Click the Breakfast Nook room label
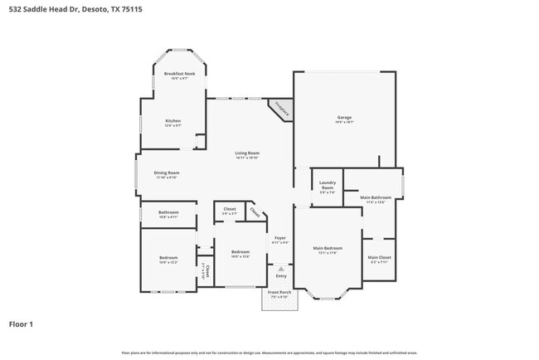(x=178, y=74)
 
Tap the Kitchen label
(x=172, y=121)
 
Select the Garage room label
(x=344, y=117)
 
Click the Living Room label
(x=247, y=153)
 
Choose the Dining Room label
(x=167, y=173)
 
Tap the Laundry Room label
(x=328, y=188)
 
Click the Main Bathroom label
(x=375, y=197)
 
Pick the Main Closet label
(x=379, y=257)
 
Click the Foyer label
(x=280, y=239)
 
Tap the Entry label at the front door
(x=280, y=276)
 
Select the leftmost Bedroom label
(x=168, y=258)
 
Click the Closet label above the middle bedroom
(x=230, y=209)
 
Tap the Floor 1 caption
(x=21, y=324)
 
